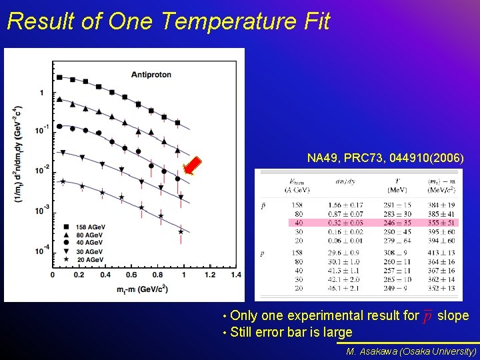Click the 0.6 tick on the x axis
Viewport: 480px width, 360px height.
(131, 275)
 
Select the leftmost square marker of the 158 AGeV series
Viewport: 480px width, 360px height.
(59, 77)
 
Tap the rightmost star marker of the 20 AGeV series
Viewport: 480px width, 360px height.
(181, 231)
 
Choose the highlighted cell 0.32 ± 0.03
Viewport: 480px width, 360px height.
(345, 222)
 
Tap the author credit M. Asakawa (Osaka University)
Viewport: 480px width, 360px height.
(411, 351)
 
